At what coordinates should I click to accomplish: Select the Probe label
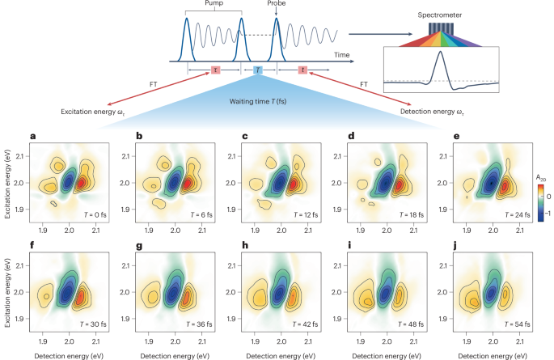[279, 4]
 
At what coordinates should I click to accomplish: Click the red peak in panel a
[81, 184]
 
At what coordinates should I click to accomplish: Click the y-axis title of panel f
[7, 292]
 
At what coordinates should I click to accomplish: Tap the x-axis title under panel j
[492, 354]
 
